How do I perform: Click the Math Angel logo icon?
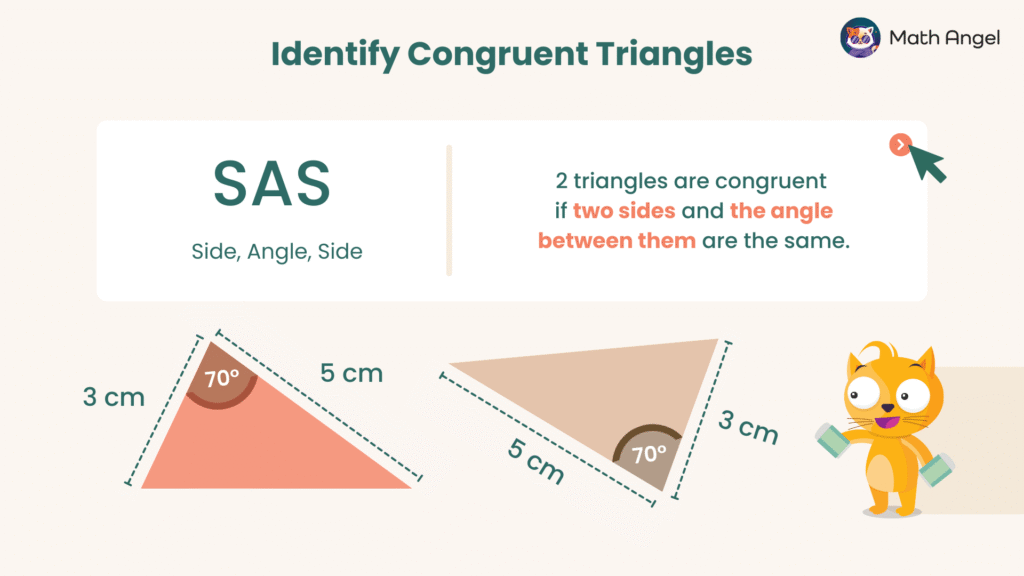pos(860,38)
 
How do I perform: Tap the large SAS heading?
pos(272,184)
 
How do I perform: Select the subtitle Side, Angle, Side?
pos(277,252)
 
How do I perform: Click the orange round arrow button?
pos(900,145)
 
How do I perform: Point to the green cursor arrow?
pos(929,163)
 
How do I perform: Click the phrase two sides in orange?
pos(624,212)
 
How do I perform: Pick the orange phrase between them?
pos(616,241)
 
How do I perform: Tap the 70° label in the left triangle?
pos(222,380)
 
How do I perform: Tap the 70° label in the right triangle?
pos(649,454)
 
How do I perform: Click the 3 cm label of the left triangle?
pos(113,397)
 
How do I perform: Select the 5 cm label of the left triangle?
pos(351,373)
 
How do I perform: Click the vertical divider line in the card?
pos(449,210)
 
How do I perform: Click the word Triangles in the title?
pos(670,55)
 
